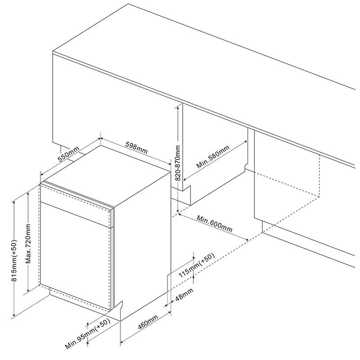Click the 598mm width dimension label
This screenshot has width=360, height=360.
[136, 147]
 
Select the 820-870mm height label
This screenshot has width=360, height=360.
[178, 163]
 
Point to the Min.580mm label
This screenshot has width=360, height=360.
[213, 158]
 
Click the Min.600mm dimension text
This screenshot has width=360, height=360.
[214, 223]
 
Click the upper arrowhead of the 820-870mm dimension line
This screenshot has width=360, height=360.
[178, 109]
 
